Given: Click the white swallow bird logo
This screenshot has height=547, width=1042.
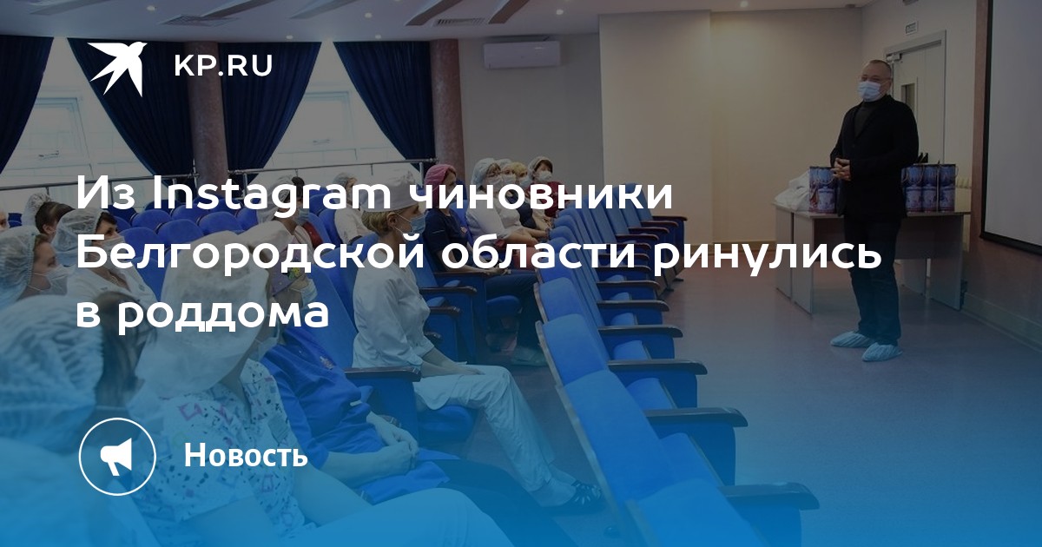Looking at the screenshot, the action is tap(117, 68).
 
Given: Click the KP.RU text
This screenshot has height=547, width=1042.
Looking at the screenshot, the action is tap(223, 66).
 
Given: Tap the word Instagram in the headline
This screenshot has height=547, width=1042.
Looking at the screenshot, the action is tap(272, 194).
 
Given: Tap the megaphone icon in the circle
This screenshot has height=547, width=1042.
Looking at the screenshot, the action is tap(116, 457).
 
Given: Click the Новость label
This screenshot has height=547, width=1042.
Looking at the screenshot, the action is tap(246, 455).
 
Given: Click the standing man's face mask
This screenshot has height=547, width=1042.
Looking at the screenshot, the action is tap(870, 90).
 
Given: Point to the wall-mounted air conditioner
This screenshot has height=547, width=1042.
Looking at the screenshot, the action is tap(522, 56).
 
